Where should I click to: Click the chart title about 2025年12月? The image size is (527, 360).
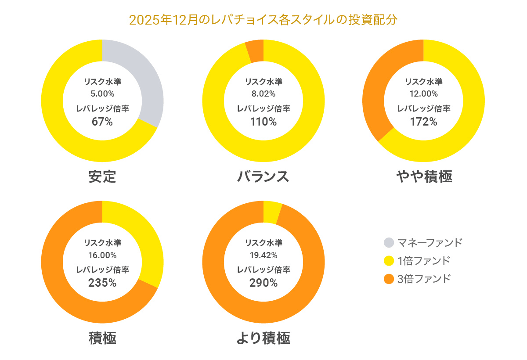tap(263, 20)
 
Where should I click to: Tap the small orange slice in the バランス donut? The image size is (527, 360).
tap(255, 51)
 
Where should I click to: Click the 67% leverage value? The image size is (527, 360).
tap(102, 122)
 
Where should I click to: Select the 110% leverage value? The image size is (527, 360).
tap(263, 122)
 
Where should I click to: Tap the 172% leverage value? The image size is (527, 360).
tap(424, 122)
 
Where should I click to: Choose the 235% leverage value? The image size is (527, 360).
tap(102, 283)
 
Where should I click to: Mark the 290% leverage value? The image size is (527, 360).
tap(263, 283)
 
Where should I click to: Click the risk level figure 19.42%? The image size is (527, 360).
tap(263, 255)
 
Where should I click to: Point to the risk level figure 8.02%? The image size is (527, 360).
tap(263, 94)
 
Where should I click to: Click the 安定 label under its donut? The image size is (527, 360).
tap(102, 176)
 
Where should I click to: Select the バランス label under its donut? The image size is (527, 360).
tap(263, 176)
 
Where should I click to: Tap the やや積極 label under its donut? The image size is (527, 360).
tap(424, 176)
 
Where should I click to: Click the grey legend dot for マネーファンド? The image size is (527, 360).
tap(389, 242)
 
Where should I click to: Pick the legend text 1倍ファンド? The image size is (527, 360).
tap(424, 261)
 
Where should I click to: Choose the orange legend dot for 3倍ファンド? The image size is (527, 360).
tap(389, 279)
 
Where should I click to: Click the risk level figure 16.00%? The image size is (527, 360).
tap(102, 255)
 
